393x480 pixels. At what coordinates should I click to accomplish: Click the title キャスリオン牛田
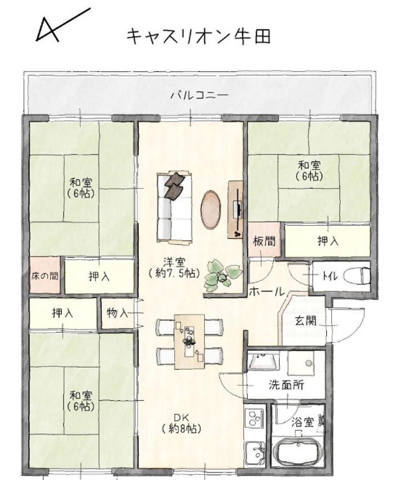[198, 37]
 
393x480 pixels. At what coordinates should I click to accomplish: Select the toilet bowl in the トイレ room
[356, 276]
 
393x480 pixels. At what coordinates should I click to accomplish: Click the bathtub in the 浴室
[298, 450]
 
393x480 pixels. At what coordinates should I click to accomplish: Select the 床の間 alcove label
[45, 276]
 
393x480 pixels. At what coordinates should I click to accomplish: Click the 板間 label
[264, 241]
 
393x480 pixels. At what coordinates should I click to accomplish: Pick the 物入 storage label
[118, 313]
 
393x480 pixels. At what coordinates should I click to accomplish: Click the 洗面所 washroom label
[286, 385]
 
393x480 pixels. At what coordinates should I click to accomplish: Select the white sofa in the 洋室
[174, 207]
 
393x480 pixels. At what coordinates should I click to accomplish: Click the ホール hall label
[267, 292]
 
